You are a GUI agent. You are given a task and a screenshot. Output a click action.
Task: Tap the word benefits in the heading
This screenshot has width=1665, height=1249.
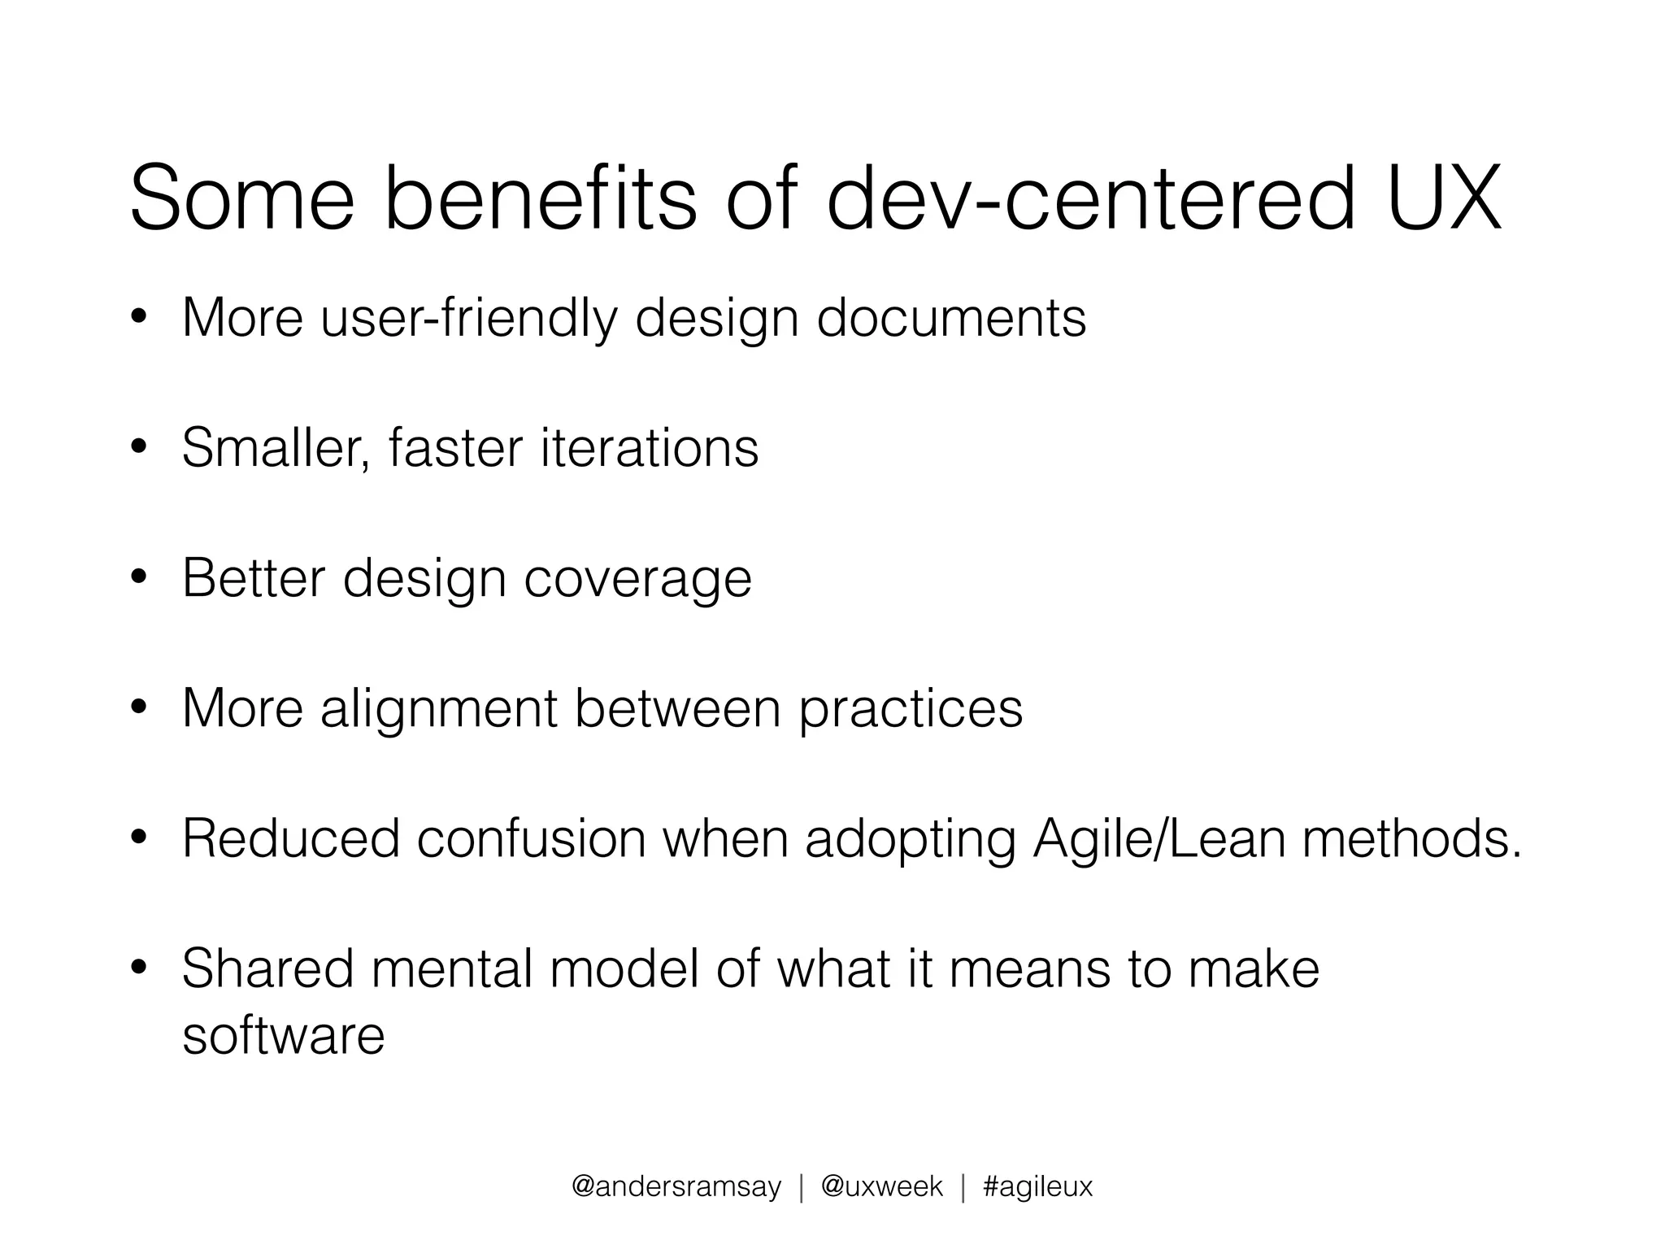tap(540, 198)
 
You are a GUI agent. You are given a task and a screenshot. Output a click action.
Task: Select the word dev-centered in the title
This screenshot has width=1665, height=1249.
tap(1091, 198)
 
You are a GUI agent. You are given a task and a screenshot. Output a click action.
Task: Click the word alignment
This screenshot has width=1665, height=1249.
tap(438, 709)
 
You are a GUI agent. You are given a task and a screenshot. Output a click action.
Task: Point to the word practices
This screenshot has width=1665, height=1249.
tap(911, 709)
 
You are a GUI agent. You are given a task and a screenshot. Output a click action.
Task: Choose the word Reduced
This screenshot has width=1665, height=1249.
tap(291, 838)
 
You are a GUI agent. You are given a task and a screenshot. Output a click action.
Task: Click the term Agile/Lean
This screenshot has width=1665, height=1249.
tap(1159, 840)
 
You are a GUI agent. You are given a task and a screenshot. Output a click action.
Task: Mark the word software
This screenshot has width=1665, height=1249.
tap(283, 1035)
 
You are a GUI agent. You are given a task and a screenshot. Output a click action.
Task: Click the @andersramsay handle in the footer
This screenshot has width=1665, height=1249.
tap(676, 1187)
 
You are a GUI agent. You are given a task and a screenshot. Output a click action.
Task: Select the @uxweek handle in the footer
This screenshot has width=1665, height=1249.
tap(882, 1187)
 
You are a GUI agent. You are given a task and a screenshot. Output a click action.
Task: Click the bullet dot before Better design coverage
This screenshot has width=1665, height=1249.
tap(139, 578)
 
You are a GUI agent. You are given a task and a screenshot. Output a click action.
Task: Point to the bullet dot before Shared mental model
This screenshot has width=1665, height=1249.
tap(139, 968)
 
